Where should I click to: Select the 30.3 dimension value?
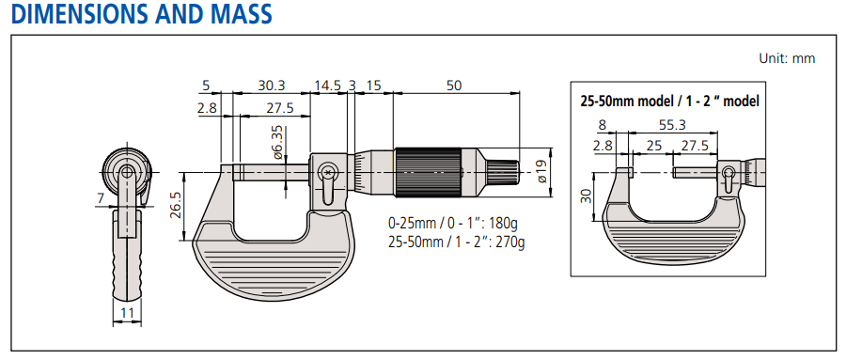(272, 86)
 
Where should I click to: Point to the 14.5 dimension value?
(327, 86)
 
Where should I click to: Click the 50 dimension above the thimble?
(454, 86)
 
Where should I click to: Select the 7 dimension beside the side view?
(100, 197)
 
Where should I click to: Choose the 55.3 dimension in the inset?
(671, 124)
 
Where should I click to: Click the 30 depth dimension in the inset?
(586, 196)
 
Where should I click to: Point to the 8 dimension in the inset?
(601, 124)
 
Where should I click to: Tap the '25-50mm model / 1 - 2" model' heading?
(669, 101)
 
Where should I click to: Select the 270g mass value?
(509, 242)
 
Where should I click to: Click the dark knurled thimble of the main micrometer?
(428, 172)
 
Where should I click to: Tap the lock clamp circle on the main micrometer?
(327, 172)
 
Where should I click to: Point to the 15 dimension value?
(373, 86)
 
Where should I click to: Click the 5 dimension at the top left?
(206, 86)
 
